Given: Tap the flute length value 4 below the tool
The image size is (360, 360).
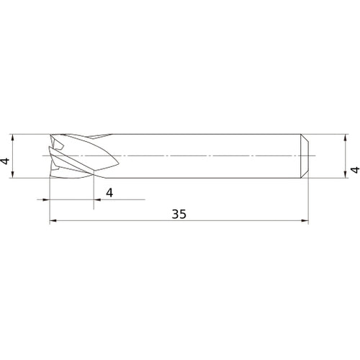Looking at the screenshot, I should [x=109, y=192].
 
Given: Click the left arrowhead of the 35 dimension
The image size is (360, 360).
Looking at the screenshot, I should [x=52, y=222].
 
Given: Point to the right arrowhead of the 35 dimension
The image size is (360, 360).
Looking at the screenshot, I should [x=307, y=222].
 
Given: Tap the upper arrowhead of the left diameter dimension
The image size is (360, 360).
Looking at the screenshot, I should [x=14, y=137].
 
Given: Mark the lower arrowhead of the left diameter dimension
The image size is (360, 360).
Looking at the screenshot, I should [x=14, y=175].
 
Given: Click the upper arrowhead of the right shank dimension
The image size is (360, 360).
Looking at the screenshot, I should [x=343, y=137].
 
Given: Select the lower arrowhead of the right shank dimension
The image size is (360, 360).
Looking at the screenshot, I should [x=343, y=175].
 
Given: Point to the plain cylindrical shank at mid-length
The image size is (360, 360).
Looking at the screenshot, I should [x=209, y=156].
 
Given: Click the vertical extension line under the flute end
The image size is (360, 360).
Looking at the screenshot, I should [x=94, y=191].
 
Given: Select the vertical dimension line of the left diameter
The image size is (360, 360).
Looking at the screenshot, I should [x=14, y=156].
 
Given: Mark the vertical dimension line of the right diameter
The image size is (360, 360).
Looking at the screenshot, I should [x=343, y=156].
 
